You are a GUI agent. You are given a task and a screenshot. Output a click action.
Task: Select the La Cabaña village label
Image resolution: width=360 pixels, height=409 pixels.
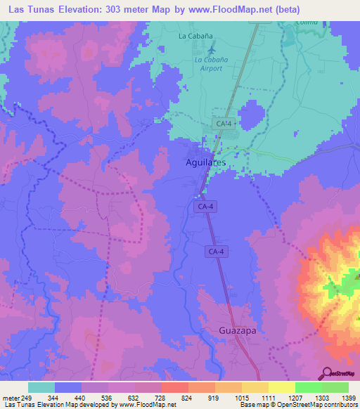point(195,35)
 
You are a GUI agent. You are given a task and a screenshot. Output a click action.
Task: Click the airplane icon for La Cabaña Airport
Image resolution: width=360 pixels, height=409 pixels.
point(212,48)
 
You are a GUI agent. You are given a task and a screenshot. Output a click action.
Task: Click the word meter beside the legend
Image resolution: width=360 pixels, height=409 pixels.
point(11,398)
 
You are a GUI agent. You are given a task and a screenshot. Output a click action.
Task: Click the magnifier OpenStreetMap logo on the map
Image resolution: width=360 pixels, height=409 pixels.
point(326,375)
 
